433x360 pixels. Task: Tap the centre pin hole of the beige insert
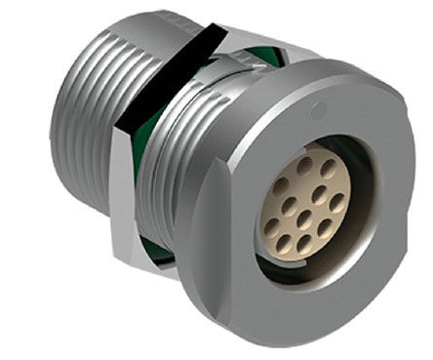pyautogui.click(x=304, y=210)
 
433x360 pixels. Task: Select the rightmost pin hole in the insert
pyautogui.click(x=336, y=203)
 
